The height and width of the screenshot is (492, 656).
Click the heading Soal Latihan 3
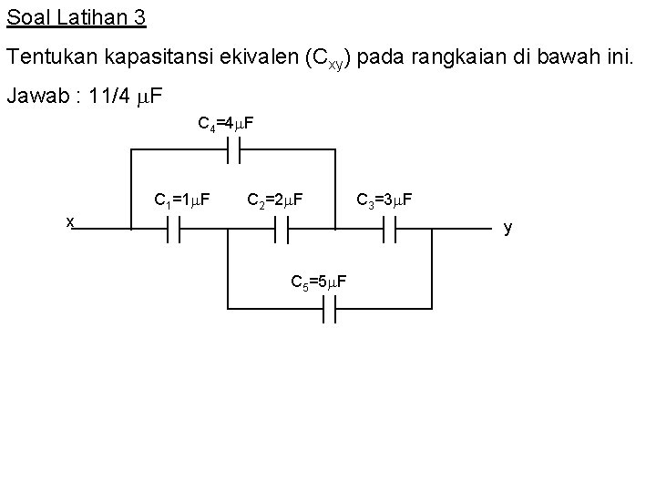(x=77, y=17)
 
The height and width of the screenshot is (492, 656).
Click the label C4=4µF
(x=227, y=122)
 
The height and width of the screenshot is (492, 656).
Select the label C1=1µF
(x=184, y=199)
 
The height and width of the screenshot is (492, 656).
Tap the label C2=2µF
(x=275, y=199)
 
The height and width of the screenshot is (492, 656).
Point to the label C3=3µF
(x=384, y=199)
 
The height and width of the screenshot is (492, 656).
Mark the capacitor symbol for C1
(x=172, y=231)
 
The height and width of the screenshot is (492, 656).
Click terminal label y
(x=507, y=227)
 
